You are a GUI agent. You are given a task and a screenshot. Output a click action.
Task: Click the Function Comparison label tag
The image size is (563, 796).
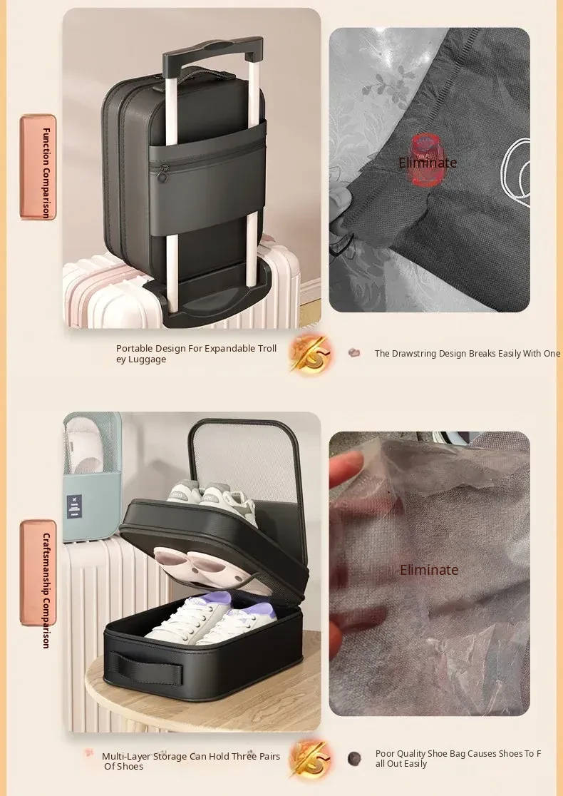pyautogui.click(x=38, y=168)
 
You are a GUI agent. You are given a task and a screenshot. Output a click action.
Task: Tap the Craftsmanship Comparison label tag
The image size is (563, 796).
pyautogui.click(x=38, y=573)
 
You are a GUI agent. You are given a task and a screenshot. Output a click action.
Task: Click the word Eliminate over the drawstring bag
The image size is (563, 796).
pyautogui.click(x=428, y=163)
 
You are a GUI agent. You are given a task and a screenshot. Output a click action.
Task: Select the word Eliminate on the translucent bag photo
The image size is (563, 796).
pyautogui.click(x=429, y=570)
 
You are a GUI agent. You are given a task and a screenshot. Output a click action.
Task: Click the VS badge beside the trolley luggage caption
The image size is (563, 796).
pyautogui.click(x=310, y=354)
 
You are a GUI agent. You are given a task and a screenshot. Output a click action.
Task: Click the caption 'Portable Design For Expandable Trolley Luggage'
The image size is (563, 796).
pyautogui.click(x=196, y=354)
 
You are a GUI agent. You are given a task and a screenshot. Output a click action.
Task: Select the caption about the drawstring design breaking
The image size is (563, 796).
pyautogui.click(x=468, y=353)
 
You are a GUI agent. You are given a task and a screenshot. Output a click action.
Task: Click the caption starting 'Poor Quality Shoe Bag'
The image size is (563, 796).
pyautogui.click(x=458, y=758)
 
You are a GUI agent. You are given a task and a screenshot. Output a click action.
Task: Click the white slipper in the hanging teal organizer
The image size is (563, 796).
pyautogui.click(x=86, y=444)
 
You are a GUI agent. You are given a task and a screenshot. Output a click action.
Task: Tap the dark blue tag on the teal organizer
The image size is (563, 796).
pyautogui.click(x=75, y=506)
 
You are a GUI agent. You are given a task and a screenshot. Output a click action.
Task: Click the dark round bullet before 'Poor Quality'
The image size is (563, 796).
pyautogui.click(x=354, y=758)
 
